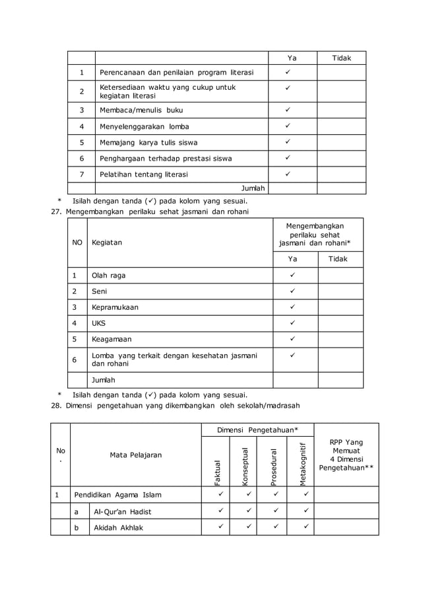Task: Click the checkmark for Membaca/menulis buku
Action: click(x=288, y=110)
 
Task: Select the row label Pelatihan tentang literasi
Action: click(x=143, y=174)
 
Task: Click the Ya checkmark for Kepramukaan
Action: click(x=292, y=307)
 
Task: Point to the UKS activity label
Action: click(x=98, y=323)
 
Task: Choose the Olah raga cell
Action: click(x=108, y=275)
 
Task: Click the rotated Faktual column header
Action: click(x=218, y=473)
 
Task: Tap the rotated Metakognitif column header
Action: click(x=303, y=464)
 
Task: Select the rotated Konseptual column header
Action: click(x=246, y=467)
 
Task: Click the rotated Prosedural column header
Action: click(x=275, y=467)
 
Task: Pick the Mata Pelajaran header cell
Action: click(x=136, y=455)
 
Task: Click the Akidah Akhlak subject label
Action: click(x=118, y=527)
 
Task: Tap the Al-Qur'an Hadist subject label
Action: click(x=123, y=511)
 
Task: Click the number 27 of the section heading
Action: click(x=55, y=211)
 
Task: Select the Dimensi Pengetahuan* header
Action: click(x=257, y=430)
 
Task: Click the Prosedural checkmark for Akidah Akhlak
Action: click(x=275, y=527)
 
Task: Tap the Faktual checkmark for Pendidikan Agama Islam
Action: click(x=220, y=494)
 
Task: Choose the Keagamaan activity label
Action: click(x=112, y=339)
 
